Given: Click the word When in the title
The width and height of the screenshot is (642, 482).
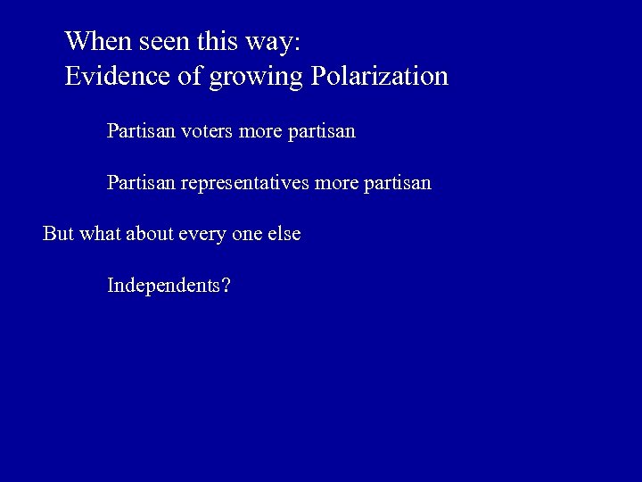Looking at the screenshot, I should click(95, 41).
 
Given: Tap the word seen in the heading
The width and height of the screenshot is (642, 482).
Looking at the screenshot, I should click(159, 41).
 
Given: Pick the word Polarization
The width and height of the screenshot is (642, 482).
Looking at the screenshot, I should click(379, 76).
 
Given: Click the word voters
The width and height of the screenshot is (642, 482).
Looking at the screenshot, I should click(208, 131).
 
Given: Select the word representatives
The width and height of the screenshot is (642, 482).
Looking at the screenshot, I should click(245, 183).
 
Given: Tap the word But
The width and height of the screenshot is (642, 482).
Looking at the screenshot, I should click(58, 234).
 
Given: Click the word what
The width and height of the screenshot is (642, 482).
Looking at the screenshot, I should click(100, 234).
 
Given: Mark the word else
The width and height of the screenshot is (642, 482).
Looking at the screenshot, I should click(286, 234).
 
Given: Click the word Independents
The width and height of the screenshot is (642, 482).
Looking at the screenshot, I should click(163, 286).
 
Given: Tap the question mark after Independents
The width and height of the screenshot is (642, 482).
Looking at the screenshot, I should click(226, 286).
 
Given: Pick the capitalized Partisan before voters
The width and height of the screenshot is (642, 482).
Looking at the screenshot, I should click(141, 131).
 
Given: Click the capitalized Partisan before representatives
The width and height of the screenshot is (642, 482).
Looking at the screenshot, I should click(141, 183).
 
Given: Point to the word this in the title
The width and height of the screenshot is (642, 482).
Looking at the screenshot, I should click(210, 41).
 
